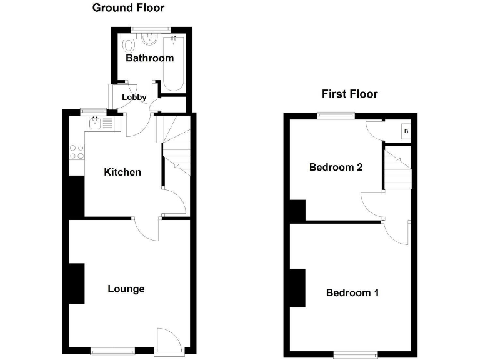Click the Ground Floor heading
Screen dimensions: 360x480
[129, 8]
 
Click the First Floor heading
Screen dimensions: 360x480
[350, 94]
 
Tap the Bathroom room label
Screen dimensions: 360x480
[150, 58]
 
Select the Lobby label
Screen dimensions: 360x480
[134, 97]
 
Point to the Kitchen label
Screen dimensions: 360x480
[122, 172]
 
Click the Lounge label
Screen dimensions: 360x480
[126, 289]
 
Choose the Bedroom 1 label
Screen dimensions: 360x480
[352, 292]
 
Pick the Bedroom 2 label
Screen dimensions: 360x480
[336, 167]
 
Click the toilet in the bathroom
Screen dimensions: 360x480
[128, 44]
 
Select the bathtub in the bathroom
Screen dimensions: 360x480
[172, 62]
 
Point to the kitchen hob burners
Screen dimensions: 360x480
[77, 152]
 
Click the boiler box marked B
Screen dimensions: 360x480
[406, 131]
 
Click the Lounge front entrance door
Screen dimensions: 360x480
[169, 341]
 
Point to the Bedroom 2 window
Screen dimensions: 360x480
[335, 114]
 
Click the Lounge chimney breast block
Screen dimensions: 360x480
[76, 284]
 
